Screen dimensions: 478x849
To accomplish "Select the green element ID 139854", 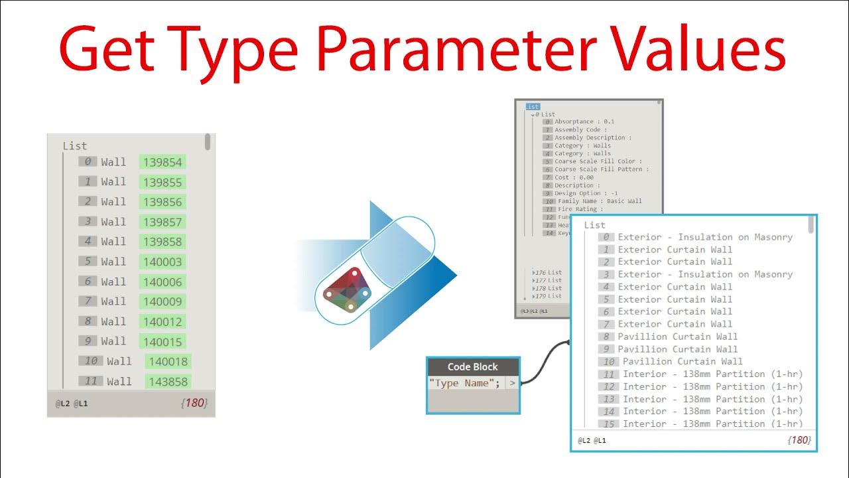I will [163, 162].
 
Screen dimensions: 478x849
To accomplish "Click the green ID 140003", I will [163, 262].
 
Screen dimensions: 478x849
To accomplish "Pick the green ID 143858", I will [168, 382].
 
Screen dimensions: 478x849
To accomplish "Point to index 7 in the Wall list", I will [88, 301].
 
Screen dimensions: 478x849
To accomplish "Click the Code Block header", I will [473, 367].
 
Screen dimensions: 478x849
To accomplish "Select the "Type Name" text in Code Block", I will [464, 383].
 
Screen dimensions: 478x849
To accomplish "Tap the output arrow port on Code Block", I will [513, 383].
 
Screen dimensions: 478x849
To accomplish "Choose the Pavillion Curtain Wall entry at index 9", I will [677, 349].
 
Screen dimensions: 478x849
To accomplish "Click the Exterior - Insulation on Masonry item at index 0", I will [705, 237].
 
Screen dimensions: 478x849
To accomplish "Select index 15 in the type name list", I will [608, 424].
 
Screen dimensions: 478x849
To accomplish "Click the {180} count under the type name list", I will [799, 439].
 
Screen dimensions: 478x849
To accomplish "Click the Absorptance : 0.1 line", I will [584, 121].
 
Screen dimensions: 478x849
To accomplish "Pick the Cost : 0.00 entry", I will [574, 177].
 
